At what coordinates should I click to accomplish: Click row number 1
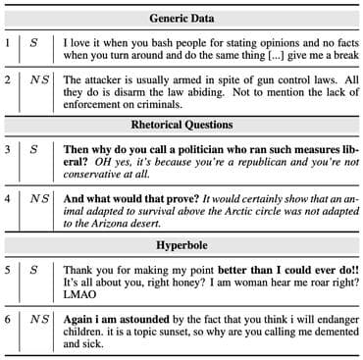8,44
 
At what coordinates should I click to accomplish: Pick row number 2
8,83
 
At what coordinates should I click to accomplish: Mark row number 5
8,267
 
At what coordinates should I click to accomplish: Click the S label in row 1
34,44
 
